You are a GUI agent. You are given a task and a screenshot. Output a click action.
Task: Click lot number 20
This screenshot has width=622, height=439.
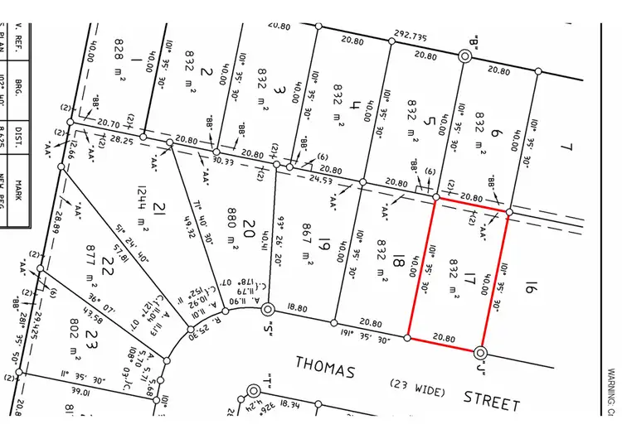(x=250, y=223)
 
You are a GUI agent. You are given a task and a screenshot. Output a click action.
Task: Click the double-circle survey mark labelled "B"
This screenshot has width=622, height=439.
(x=466, y=55)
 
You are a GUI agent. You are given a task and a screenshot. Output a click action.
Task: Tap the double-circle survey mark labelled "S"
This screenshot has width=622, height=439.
(x=268, y=310)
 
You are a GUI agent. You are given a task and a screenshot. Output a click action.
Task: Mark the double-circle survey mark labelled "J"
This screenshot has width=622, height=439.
(x=481, y=352)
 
